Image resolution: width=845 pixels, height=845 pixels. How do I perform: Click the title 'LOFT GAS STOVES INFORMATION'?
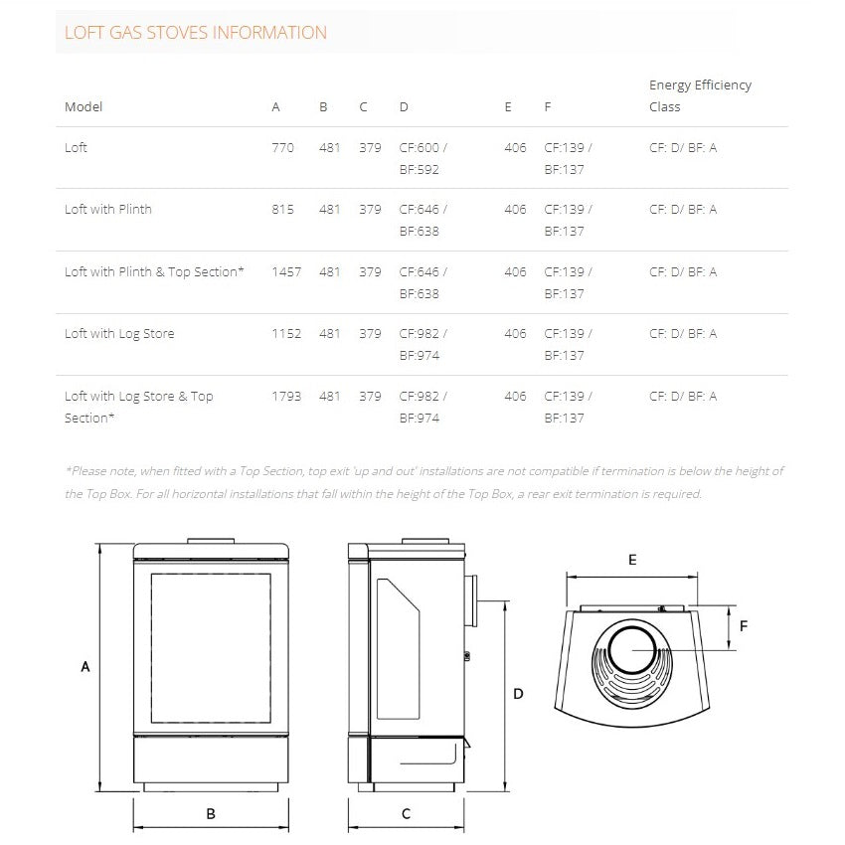(x=195, y=33)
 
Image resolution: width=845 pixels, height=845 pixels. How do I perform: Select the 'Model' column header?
(x=84, y=106)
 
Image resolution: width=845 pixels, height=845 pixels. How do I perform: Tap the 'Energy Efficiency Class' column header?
(x=700, y=95)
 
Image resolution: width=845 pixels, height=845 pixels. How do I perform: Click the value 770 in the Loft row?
(x=282, y=147)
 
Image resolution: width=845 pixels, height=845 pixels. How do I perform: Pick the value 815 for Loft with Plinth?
(x=282, y=210)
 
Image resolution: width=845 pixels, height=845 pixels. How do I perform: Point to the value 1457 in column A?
(x=286, y=271)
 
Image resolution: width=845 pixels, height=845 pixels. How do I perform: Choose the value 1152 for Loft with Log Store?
(x=286, y=334)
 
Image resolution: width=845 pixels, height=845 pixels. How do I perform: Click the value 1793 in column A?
(x=286, y=396)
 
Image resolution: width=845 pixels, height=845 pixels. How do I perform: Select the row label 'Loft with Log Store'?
(x=119, y=334)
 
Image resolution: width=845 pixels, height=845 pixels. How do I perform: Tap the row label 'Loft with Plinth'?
(x=108, y=210)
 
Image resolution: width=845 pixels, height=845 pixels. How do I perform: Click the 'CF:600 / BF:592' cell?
(x=422, y=158)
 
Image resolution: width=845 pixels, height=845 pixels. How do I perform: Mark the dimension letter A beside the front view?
(x=85, y=667)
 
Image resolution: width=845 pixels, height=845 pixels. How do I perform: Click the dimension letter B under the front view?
(x=211, y=813)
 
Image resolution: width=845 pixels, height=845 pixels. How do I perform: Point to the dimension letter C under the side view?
(x=406, y=813)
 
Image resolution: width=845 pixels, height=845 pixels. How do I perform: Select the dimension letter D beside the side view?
(x=518, y=694)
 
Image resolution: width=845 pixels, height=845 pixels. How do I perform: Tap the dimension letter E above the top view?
(x=632, y=560)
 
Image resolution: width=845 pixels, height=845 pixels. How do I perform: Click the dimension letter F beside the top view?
(x=744, y=625)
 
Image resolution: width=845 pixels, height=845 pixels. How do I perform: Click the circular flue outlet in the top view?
(x=632, y=652)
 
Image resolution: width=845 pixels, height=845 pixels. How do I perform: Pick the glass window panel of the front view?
(x=211, y=646)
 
